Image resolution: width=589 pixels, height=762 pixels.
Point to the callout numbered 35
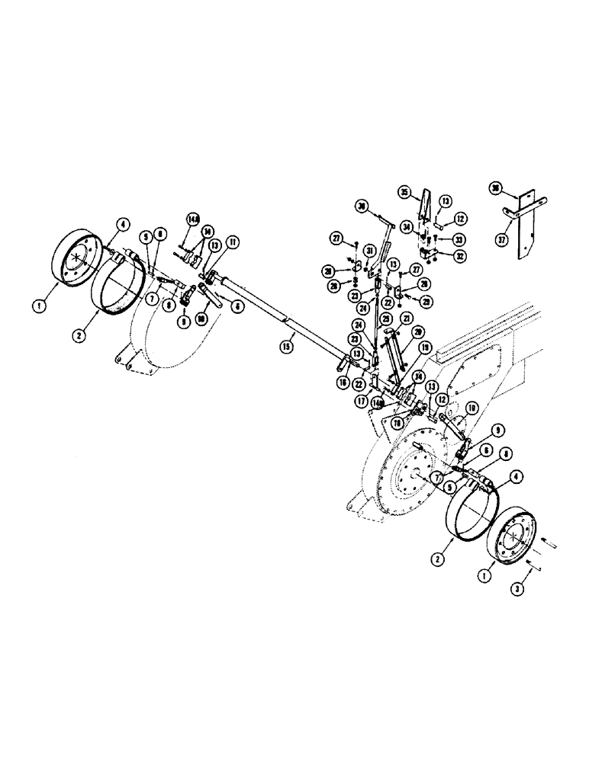pyautogui.click(x=405, y=192)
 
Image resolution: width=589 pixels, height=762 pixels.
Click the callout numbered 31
pyautogui.click(x=369, y=251)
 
